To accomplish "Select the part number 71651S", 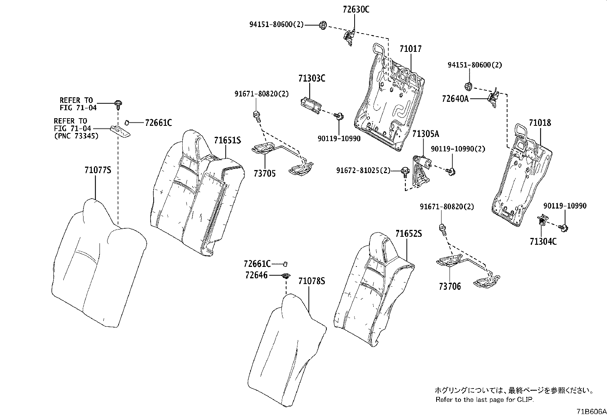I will [227, 140].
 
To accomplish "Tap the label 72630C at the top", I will [356, 10].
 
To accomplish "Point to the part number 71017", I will [411, 49].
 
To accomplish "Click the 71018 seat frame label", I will [540, 123].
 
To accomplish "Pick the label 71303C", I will [312, 79].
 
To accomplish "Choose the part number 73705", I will [264, 173].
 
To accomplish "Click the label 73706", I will [450, 286].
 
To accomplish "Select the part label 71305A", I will [425, 134].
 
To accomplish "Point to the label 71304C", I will [543, 241].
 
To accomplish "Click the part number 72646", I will [257, 275].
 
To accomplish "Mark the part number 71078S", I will [312, 281].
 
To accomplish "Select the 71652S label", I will [408, 234].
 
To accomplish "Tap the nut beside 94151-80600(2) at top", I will [322, 25].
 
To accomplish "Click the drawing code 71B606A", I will [591, 412].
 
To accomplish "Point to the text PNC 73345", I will [76, 135].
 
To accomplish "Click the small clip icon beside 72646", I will [285, 276].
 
